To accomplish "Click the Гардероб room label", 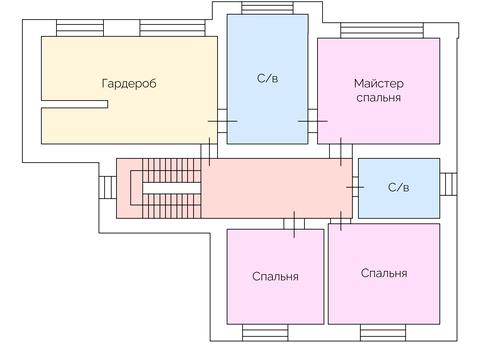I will point(129,84).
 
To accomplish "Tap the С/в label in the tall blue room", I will point(266,77).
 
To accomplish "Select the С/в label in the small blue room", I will point(398,187).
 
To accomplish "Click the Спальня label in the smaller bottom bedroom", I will point(275,276).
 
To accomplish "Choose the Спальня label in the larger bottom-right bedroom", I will point(384,273).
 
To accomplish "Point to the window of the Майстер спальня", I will point(379,31).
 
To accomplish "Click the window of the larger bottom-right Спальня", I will point(384,331).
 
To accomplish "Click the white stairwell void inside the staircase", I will point(169,187).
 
